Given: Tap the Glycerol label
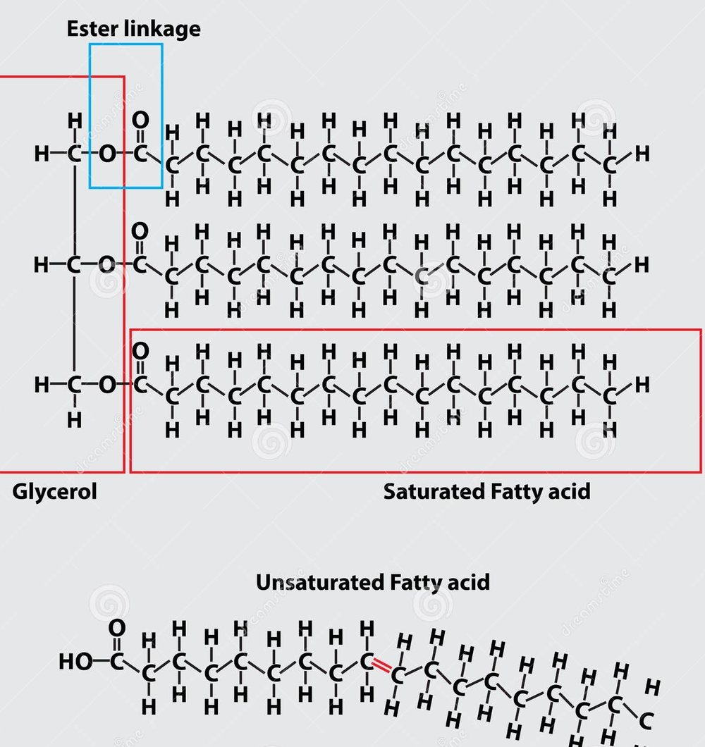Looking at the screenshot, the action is point(54,492).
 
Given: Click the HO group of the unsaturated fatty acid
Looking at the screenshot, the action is point(75,661).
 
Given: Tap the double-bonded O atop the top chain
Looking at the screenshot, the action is point(140,120).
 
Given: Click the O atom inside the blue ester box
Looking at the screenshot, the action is point(107,154).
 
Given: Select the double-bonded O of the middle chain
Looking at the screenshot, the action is point(140,231).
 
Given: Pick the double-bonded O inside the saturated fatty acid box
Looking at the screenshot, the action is point(140,351).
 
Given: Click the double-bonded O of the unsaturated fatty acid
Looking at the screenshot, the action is point(117,628).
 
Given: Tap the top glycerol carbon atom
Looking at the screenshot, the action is point(74,154).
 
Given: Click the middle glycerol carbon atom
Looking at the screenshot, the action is point(74,264).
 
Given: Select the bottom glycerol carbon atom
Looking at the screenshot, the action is point(74,385).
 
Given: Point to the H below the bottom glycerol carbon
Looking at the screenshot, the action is point(74,420).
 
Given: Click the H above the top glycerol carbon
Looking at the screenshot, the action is point(75,121).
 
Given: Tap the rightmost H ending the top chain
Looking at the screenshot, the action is point(642,154).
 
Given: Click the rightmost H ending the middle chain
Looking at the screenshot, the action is point(642,264).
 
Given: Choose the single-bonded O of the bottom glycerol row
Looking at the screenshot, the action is point(107,385).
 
